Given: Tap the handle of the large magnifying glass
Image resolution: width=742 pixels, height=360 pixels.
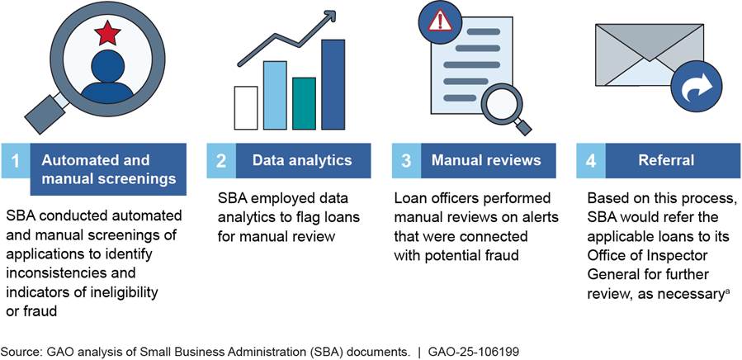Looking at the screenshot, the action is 45,114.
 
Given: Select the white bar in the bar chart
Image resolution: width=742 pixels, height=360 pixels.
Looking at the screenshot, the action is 246,108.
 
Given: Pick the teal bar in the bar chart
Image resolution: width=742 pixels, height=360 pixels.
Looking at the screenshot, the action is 304,103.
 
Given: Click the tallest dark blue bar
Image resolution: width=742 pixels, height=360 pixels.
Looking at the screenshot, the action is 333,84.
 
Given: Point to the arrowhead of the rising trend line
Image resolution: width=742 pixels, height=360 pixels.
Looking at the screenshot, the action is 330,15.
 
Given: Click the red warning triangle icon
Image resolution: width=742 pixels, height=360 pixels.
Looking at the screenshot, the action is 440,22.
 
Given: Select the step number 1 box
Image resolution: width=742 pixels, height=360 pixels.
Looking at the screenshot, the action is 16,160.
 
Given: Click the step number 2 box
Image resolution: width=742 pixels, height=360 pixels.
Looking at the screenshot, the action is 221,160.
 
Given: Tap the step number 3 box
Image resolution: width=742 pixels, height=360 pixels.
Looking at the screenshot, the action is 406,160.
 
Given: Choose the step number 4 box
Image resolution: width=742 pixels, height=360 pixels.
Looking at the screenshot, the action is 591,160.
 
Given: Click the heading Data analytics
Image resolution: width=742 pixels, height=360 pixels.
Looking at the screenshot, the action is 302,160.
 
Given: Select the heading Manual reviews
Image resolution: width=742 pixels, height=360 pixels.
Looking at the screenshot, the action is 486,160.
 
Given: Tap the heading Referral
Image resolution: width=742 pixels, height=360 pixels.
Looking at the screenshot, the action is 666,160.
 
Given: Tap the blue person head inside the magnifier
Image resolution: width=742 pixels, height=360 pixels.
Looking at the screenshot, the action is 108,66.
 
